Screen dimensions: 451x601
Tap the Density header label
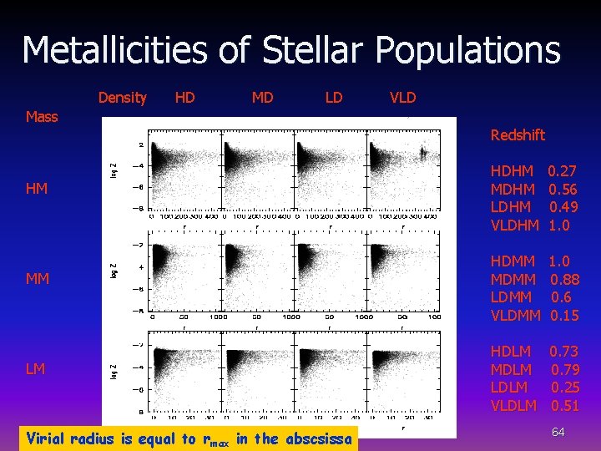[x=122, y=98]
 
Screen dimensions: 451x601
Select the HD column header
[x=184, y=98]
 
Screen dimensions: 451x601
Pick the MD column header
[x=262, y=98]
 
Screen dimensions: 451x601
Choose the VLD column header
[x=402, y=98]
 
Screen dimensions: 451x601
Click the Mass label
[x=42, y=117]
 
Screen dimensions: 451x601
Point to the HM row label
[x=36, y=189]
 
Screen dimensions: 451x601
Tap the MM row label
[x=37, y=278]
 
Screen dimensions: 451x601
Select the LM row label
[x=35, y=368]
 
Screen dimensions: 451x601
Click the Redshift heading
[x=518, y=135]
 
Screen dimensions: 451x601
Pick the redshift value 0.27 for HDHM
[x=563, y=171]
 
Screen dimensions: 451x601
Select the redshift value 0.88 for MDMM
[x=564, y=280]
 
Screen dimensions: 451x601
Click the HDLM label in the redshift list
[x=511, y=352]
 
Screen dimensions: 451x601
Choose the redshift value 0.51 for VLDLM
[x=564, y=406]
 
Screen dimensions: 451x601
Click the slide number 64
[x=558, y=432]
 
